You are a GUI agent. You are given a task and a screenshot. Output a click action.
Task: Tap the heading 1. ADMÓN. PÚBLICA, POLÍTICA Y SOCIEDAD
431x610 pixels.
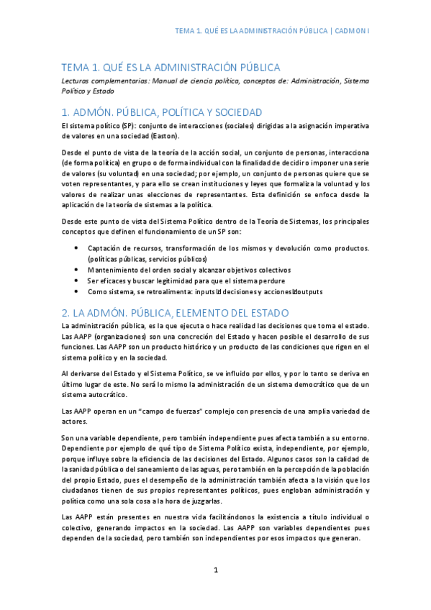(x=161, y=112)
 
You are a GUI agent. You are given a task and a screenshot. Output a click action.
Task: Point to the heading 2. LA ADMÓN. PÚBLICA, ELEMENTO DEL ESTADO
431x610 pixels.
(x=175, y=312)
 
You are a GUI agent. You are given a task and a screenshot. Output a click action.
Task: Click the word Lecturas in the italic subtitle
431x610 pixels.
(x=76, y=81)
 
